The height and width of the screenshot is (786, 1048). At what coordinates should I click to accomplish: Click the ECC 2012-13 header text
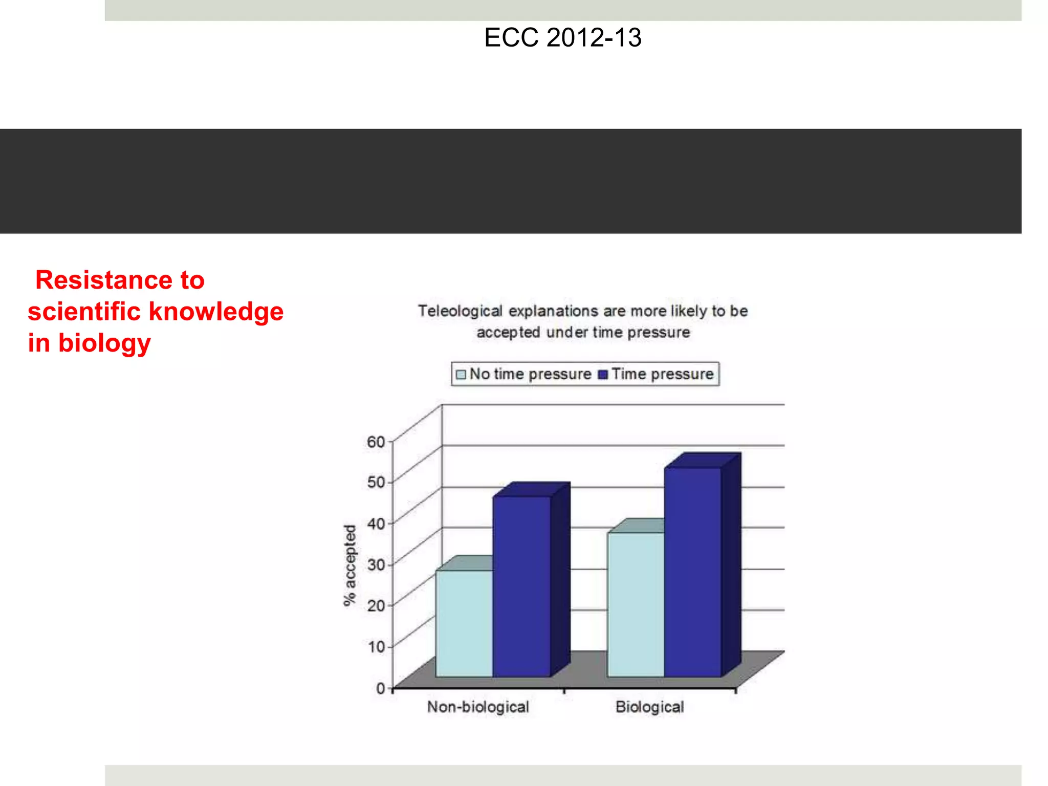click(x=562, y=38)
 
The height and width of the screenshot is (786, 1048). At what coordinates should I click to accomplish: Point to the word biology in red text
click(x=104, y=343)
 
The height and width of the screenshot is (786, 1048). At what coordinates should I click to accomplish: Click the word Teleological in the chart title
click(x=460, y=311)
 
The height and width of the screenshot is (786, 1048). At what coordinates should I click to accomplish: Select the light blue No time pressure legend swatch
click(x=461, y=374)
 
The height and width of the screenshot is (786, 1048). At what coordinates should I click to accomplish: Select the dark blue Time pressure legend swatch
click(x=603, y=374)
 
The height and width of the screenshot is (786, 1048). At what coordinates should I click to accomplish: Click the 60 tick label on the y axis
click(x=376, y=441)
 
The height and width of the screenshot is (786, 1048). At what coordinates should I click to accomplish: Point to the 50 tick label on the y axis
click(x=376, y=482)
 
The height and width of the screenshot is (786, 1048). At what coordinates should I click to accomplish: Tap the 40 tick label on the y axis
click(x=376, y=523)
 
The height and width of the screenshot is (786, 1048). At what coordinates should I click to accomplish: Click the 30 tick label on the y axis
click(x=376, y=564)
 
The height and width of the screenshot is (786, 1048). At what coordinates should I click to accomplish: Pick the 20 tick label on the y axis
click(x=376, y=605)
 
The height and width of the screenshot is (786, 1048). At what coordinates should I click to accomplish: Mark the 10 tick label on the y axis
click(x=376, y=646)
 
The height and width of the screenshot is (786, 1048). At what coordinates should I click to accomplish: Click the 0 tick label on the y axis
click(x=380, y=688)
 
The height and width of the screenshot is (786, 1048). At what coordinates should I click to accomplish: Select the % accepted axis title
click(x=350, y=565)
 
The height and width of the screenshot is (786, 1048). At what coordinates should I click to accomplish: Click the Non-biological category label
click(x=478, y=707)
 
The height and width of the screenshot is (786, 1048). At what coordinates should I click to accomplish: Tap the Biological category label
click(x=649, y=707)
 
